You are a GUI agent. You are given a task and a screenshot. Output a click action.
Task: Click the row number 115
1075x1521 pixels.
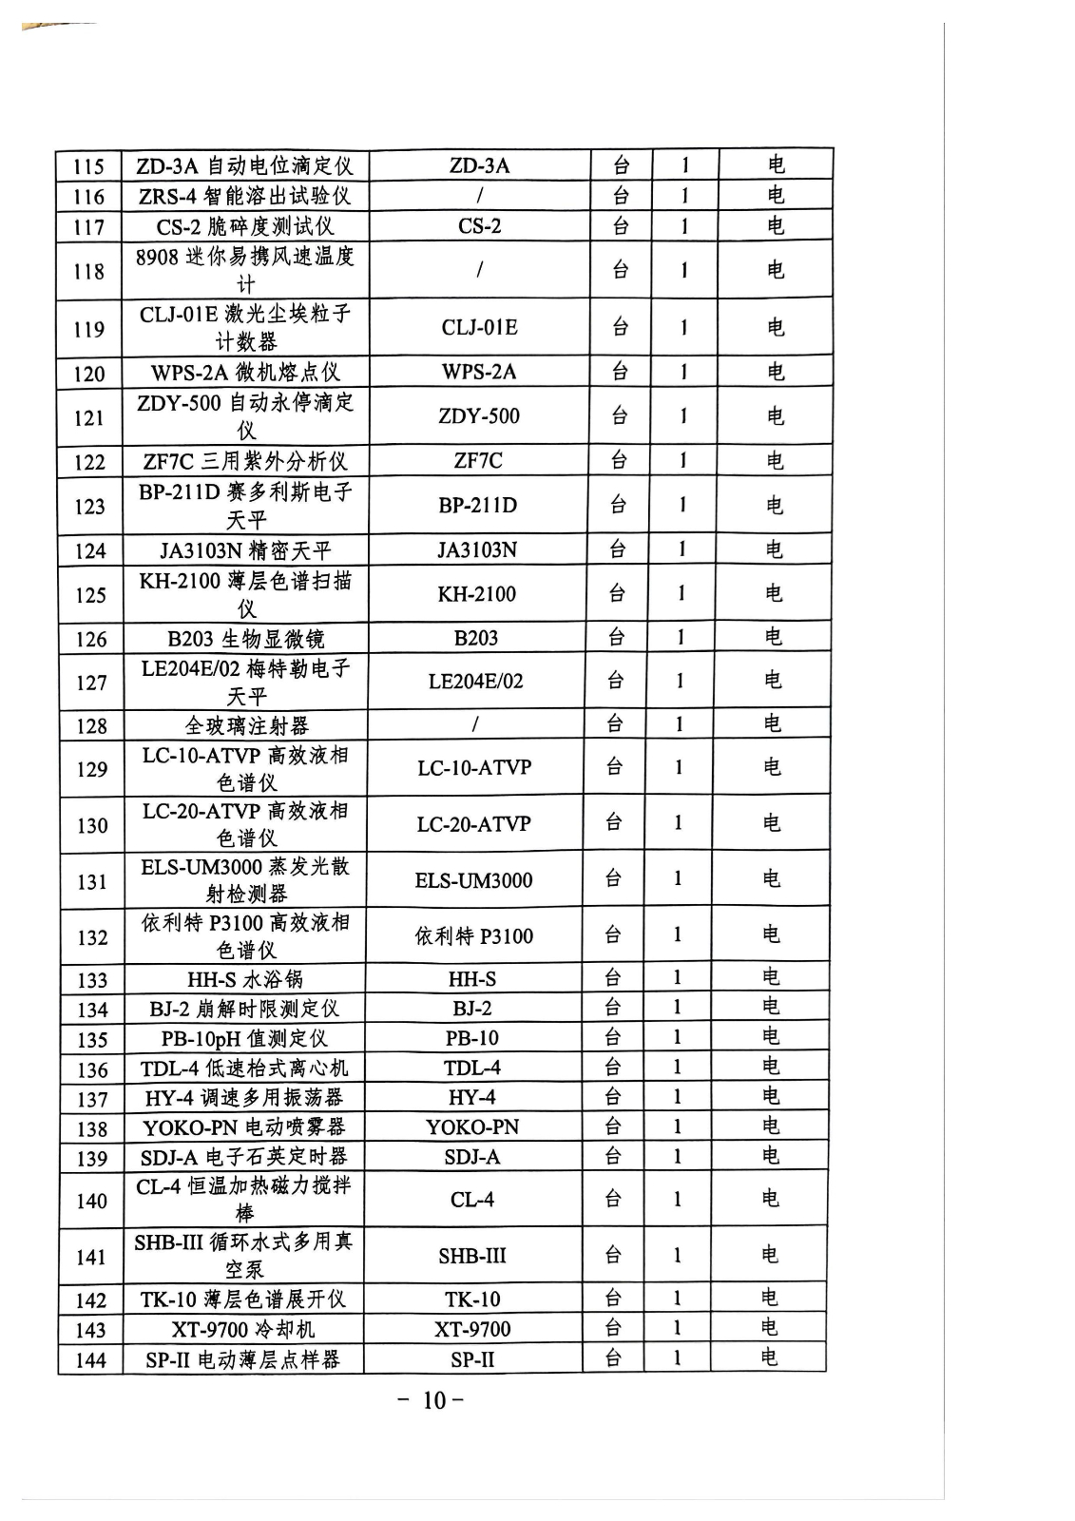pos(88,167)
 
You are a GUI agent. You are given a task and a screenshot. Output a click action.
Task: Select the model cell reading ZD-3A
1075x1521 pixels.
pos(479,166)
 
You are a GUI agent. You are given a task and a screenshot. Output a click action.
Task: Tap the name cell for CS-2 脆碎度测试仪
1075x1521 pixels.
pos(245,227)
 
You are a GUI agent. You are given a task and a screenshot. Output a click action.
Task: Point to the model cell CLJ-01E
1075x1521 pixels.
pos(479,328)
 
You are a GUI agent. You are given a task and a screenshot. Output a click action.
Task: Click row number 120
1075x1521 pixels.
pos(89,374)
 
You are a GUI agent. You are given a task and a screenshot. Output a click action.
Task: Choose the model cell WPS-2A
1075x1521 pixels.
pos(479,372)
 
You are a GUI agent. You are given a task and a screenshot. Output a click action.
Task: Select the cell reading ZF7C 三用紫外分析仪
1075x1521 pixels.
pos(245,462)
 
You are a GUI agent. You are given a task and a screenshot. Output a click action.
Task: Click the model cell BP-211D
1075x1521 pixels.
pos(478,505)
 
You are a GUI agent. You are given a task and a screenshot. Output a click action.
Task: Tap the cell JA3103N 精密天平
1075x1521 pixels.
pos(245,550)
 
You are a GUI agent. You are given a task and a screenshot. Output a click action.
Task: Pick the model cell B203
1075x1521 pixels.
pos(476,638)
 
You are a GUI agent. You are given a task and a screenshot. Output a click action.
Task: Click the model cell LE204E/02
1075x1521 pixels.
pos(475,682)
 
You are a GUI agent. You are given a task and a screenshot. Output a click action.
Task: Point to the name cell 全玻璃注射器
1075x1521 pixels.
pos(245,726)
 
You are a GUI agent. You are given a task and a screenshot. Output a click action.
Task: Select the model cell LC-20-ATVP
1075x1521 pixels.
pos(474,824)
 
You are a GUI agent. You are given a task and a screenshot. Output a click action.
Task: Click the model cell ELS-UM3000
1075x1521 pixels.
pos(473,880)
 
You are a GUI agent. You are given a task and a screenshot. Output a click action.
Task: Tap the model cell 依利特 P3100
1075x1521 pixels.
pos(473,936)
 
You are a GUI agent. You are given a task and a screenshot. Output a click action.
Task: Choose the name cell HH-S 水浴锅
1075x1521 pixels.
pos(244,979)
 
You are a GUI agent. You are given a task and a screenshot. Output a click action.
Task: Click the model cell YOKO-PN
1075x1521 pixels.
pos(472,1127)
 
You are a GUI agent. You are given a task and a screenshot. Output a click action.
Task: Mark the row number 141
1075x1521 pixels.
pos(91,1257)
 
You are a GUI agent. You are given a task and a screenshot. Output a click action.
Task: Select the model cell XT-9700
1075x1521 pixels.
pos(472,1329)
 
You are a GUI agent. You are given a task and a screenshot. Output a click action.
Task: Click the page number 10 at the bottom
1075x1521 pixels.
pos(433,1400)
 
